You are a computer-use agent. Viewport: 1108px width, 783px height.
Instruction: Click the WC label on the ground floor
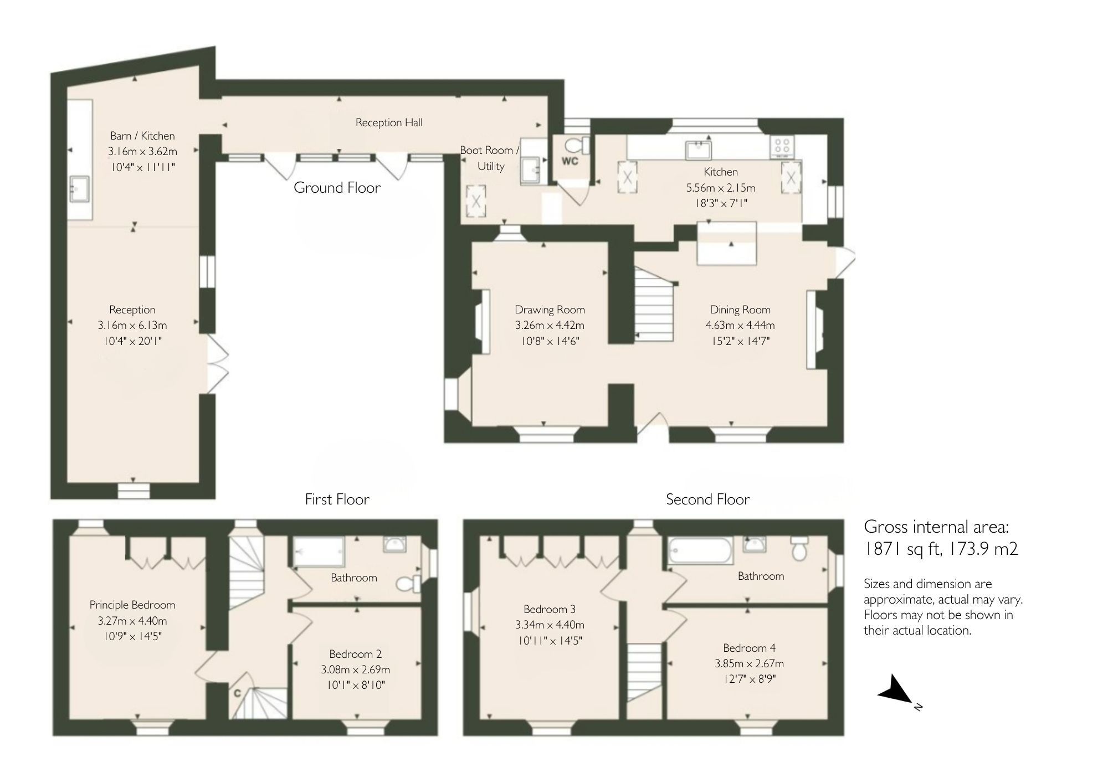570,161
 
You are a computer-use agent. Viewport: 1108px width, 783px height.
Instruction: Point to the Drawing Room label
550,310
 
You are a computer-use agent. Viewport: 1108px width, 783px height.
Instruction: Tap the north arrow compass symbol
896,690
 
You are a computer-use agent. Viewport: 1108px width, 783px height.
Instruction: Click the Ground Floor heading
337,188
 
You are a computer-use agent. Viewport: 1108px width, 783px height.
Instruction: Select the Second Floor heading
707,499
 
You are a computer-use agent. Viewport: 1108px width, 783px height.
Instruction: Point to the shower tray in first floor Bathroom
319,552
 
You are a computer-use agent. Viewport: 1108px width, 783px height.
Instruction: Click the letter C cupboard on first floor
237,693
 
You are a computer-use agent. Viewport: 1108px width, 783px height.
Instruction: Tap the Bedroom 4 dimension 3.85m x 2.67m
749,663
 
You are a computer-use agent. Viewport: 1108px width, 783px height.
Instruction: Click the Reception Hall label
389,122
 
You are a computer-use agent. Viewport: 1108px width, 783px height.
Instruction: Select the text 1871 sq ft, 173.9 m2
941,549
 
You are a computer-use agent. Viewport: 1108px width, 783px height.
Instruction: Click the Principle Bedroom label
132,605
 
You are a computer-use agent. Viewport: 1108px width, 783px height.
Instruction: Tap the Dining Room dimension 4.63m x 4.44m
740,325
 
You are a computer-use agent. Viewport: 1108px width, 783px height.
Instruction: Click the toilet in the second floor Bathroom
798,549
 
